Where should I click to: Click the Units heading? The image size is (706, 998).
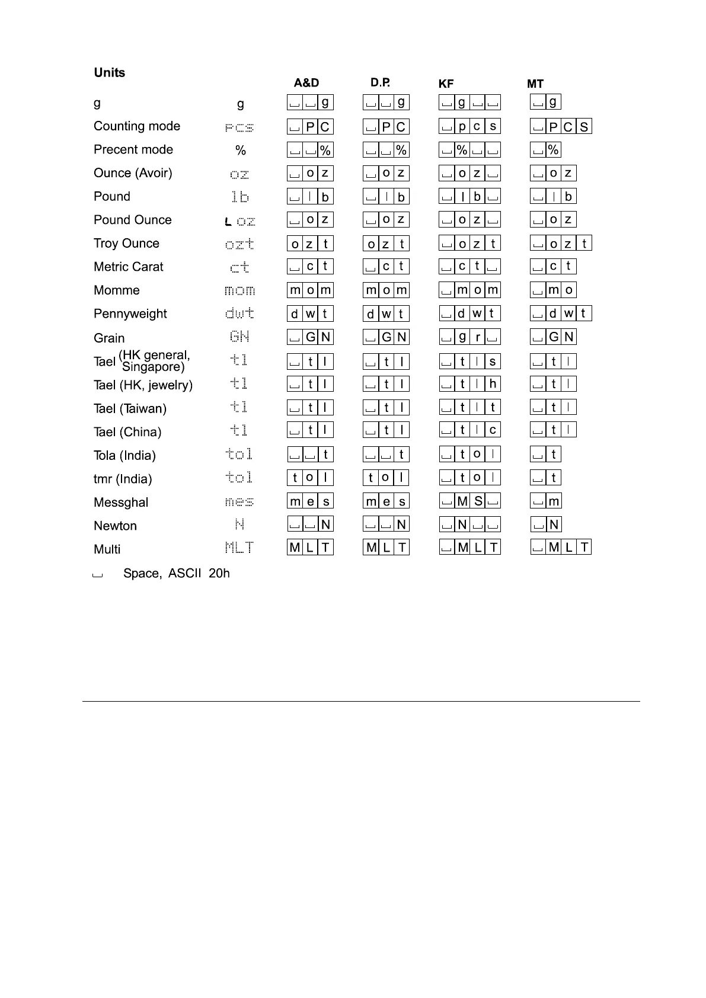coord(110,73)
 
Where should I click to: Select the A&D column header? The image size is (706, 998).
coord(306,83)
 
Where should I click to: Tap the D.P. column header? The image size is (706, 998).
coord(380,82)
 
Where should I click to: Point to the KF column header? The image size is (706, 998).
coord(446,84)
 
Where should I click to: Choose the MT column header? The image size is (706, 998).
coord(535,84)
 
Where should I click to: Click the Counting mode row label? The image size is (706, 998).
coord(137,126)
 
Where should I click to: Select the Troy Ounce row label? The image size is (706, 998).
coord(126,244)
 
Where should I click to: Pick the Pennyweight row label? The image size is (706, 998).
coord(130,314)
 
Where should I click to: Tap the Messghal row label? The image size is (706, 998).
coord(121,503)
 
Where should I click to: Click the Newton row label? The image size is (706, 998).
coord(115,526)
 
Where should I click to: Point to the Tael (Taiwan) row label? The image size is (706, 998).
coord(130,409)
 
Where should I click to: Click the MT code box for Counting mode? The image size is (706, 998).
coord(561,127)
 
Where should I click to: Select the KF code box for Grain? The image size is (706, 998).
coord(470,337)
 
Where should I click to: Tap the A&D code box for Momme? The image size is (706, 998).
coord(310,290)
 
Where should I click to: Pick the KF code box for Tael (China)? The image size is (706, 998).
coord(470,430)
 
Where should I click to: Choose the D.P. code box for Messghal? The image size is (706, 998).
coord(386,501)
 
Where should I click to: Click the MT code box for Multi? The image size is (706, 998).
coord(561,548)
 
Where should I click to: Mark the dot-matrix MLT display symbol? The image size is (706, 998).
coord(239,548)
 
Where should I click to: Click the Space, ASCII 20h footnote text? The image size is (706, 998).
coord(176,574)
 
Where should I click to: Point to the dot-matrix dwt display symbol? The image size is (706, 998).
coord(239,314)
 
